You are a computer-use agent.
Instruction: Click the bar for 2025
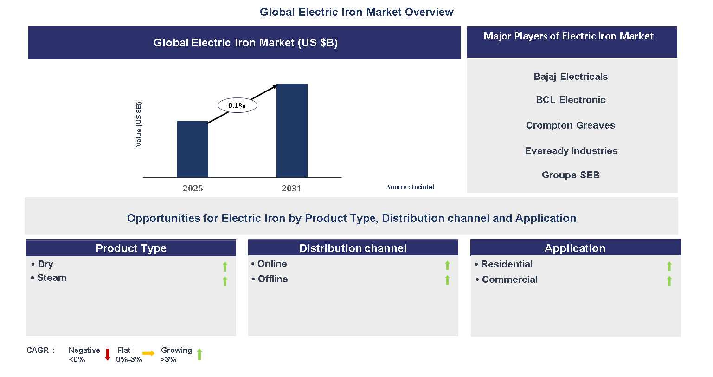(x=193, y=149)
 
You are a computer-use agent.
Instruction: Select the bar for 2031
(x=292, y=131)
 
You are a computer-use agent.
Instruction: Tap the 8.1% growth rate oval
(x=237, y=105)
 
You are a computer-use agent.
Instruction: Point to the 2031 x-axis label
(x=291, y=188)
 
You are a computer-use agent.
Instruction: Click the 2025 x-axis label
(x=193, y=188)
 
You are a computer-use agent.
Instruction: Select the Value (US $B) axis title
(x=139, y=124)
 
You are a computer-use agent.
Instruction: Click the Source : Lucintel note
(x=411, y=187)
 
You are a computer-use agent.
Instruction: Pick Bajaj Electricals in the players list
(x=571, y=77)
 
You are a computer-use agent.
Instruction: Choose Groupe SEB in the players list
(x=571, y=175)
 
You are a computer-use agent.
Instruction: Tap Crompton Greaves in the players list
(x=571, y=125)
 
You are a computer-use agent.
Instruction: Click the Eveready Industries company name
(x=571, y=151)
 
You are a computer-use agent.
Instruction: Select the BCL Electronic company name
(x=571, y=100)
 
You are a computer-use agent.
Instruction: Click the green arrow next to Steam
(x=225, y=281)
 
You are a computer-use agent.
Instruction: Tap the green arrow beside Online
(x=447, y=265)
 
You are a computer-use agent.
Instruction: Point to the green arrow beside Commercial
(x=669, y=281)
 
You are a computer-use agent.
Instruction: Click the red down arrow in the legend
(x=108, y=355)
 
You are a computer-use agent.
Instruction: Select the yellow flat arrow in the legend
(x=148, y=354)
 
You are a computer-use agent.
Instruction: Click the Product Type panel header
(x=131, y=248)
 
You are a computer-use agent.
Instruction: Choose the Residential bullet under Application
(x=507, y=264)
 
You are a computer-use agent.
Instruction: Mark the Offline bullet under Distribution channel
(x=273, y=279)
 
